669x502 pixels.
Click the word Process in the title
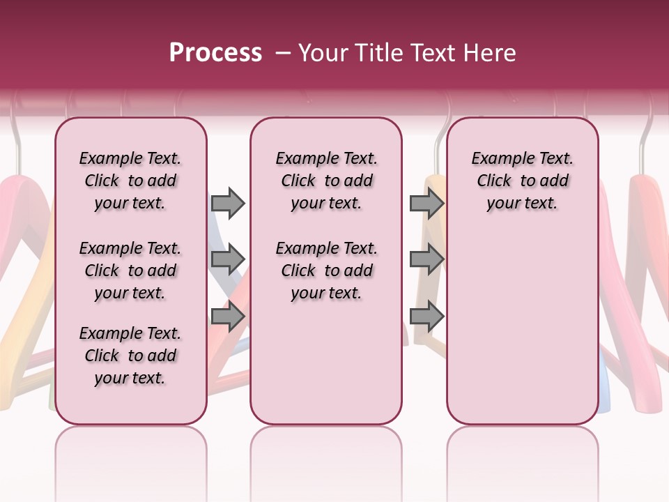(x=215, y=53)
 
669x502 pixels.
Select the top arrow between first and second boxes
(x=228, y=203)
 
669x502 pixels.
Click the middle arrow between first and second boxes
(x=228, y=259)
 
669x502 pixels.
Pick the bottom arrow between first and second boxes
(x=228, y=317)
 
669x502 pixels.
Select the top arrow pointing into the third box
(x=426, y=203)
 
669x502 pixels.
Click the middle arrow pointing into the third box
(x=426, y=259)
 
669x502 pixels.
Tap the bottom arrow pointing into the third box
(x=426, y=317)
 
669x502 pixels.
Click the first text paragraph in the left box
(x=130, y=181)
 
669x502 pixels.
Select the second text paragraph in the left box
(x=130, y=271)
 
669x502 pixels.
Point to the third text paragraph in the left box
(x=130, y=356)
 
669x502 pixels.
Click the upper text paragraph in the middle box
(x=327, y=181)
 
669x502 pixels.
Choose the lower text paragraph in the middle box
(x=327, y=271)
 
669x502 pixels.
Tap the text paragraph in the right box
(x=523, y=181)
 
